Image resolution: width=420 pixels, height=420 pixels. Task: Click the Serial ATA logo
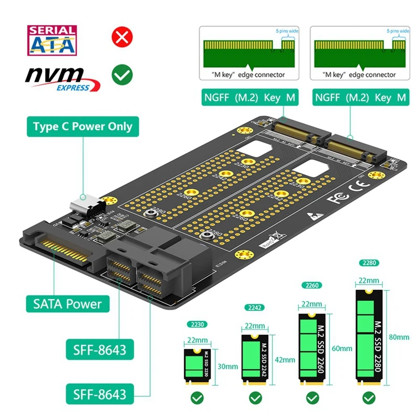point(51,40)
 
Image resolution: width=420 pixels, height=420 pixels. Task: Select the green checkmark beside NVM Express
point(122,75)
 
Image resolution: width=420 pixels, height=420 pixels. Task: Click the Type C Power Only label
point(82,127)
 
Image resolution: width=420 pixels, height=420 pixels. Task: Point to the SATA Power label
point(68,303)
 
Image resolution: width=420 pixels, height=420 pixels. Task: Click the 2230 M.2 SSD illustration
point(197,364)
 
